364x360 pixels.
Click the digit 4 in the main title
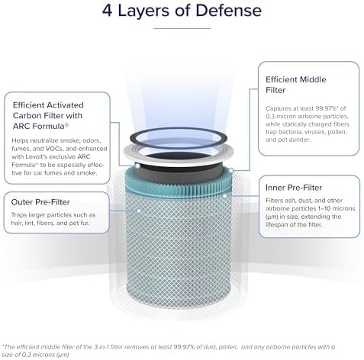tap(107, 11)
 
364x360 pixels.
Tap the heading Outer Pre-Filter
tap(40, 202)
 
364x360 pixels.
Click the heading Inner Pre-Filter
tap(294, 188)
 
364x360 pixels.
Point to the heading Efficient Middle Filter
tap(296, 85)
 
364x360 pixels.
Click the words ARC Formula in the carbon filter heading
tap(40, 126)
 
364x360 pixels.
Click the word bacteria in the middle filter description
tap(291, 132)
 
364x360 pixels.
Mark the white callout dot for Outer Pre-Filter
tap(139, 211)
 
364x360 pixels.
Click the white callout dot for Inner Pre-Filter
tap(224, 196)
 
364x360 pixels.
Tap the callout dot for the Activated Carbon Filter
tap(137, 166)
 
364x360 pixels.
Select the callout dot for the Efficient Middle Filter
tap(231, 169)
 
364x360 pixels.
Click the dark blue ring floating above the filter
tap(178, 130)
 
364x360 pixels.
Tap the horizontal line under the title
tap(182, 28)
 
